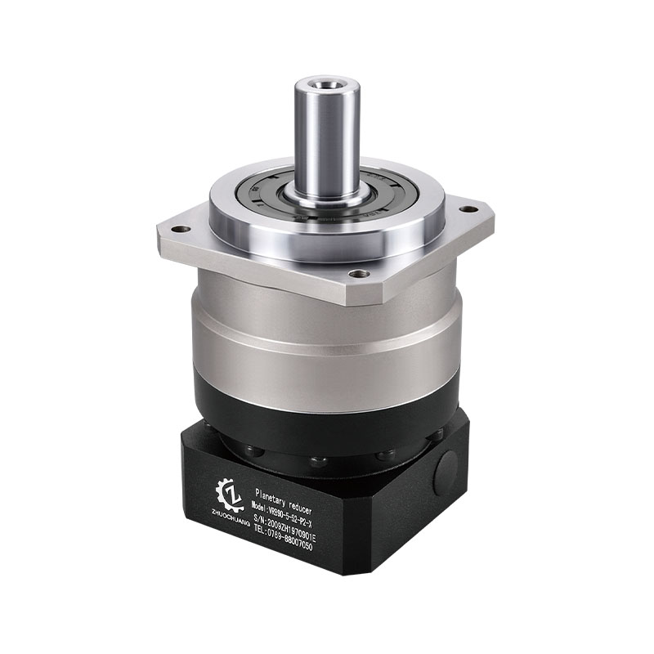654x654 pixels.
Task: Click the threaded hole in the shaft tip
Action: pyautogui.click(x=326, y=83)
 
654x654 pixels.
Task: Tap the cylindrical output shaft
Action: pyautogui.click(x=327, y=139)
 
